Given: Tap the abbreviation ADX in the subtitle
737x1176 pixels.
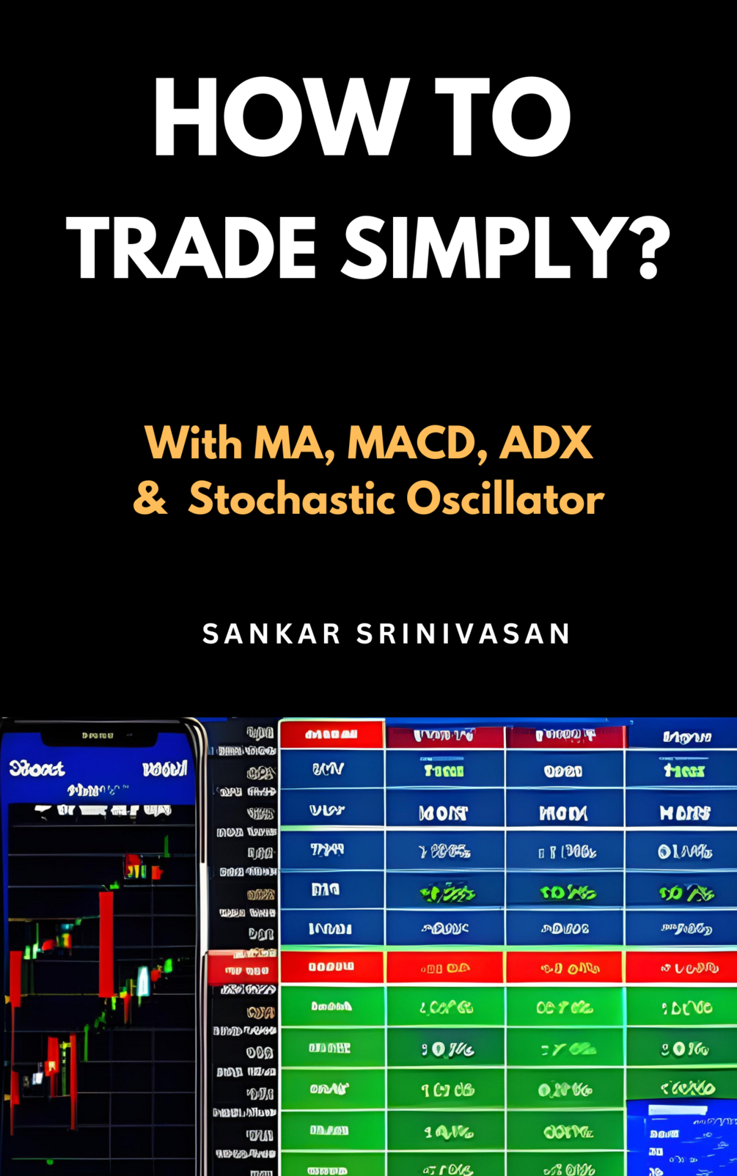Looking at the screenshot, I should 546,443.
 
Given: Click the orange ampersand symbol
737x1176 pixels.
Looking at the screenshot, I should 150,499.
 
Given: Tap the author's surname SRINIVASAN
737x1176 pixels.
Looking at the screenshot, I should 463,634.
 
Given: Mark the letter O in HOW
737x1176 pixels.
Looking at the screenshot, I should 263,117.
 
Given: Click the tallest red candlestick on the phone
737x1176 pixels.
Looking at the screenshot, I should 106,942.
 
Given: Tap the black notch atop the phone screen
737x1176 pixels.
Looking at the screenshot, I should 98,735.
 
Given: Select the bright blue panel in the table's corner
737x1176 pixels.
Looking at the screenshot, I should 682,1136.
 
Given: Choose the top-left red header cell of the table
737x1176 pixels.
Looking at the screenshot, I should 331,734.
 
